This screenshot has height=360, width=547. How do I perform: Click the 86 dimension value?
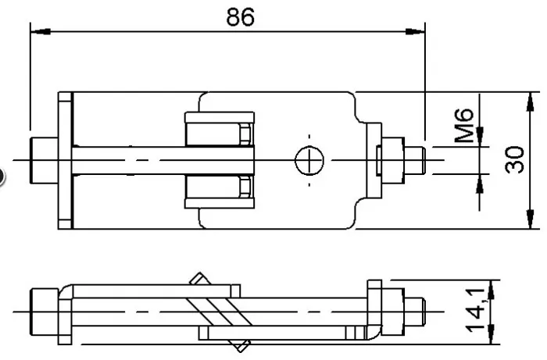pyautogui.click(x=241, y=17)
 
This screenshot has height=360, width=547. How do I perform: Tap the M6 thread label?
pyautogui.click(x=464, y=126)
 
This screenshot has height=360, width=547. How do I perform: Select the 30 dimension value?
pyautogui.click(x=514, y=160)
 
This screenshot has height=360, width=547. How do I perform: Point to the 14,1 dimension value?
pyautogui.click(x=475, y=310)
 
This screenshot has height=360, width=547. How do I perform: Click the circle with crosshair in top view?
pyautogui.click(x=309, y=160)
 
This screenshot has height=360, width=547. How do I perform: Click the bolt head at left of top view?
pyautogui.click(x=44, y=160)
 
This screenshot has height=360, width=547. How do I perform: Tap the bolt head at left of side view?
pyautogui.click(x=45, y=312)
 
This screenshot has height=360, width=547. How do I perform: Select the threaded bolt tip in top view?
pyautogui.click(x=415, y=160)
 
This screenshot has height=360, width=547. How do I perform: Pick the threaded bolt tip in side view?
pyautogui.click(x=414, y=312)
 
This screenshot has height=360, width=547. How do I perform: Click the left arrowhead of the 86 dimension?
pyautogui.click(x=41, y=32)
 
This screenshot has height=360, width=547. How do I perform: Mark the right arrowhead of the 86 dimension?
pyautogui.click(x=415, y=32)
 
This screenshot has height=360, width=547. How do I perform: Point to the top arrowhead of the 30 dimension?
pyautogui.click(x=531, y=102)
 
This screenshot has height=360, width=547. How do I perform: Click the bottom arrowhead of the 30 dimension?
pyautogui.click(x=531, y=219)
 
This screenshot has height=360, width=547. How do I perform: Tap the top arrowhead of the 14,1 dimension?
pyautogui.click(x=491, y=290)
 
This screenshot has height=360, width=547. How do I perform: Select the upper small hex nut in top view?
pyautogui.click(x=245, y=134)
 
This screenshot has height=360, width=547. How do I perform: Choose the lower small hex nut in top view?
pyautogui.click(x=245, y=187)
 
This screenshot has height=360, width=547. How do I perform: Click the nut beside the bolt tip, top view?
pyautogui.click(x=393, y=160)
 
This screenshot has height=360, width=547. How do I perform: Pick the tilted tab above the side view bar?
pyautogui.click(x=199, y=279)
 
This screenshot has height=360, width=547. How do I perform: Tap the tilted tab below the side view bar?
pyautogui.click(x=241, y=346)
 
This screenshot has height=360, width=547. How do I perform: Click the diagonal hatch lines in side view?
pyautogui.click(x=219, y=312)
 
